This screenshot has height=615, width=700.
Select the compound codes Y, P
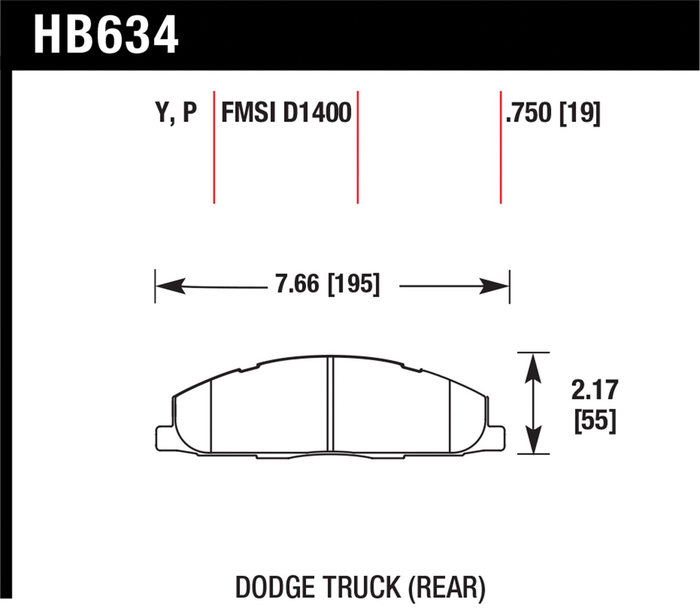tap(176, 113)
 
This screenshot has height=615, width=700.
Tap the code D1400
tap(317, 113)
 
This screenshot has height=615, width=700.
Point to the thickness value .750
tap(529, 113)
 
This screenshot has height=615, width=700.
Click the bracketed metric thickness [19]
tap(580, 113)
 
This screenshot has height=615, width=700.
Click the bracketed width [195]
tap(353, 284)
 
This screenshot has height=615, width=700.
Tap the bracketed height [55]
tap(595, 421)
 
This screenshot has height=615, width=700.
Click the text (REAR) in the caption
tap(447, 588)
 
